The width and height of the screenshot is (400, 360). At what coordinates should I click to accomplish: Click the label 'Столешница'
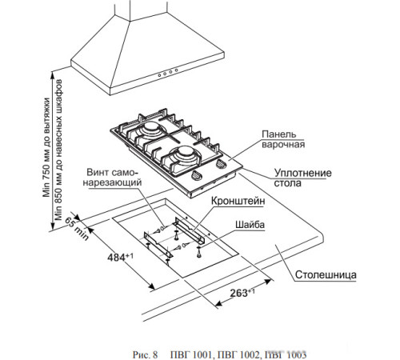pos(326,274)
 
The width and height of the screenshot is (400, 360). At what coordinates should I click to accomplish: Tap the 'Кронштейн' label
pos(238,201)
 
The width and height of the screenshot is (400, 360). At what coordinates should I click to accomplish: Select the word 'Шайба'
pos(250,224)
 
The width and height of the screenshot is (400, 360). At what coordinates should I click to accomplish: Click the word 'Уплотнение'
pos(303,173)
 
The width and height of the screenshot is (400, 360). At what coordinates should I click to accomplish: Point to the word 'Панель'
pos(278,134)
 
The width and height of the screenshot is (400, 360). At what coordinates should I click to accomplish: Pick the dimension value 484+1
pos(120,258)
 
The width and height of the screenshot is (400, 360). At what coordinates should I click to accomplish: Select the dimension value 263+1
pos(242,293)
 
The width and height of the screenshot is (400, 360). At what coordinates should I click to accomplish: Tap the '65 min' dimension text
pos(77,229)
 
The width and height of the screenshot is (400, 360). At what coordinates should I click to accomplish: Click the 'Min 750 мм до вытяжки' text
pos(46,147)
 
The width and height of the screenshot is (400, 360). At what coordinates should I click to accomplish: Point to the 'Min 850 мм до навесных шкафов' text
pos(58,150)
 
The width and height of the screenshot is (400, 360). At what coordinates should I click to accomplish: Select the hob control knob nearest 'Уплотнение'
pos(221,164)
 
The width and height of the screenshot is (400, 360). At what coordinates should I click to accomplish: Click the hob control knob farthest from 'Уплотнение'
pos(196,175)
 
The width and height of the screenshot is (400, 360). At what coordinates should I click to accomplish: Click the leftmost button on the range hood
pos(159,75)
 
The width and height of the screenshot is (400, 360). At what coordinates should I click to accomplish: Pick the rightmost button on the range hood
pos(176,70)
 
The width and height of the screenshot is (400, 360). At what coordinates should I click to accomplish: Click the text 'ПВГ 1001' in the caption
pos(191,355)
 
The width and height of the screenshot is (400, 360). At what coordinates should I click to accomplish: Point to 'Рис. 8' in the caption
pos(146,355)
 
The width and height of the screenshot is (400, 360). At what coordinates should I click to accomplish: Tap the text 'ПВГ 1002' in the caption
pos(238,355)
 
